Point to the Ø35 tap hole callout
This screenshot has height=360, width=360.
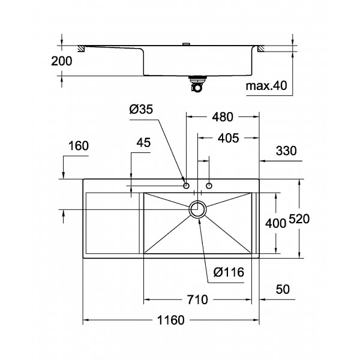point(141,109)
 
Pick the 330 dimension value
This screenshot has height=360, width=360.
point(286,151)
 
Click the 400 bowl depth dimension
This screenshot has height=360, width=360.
point(277,223)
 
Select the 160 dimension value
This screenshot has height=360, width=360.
point(79,146)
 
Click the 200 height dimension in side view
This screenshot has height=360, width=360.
point(62,61)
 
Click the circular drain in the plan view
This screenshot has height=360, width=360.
point(198,209)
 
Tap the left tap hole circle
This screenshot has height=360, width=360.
point(186,186)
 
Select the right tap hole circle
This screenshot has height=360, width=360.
point(209,186)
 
